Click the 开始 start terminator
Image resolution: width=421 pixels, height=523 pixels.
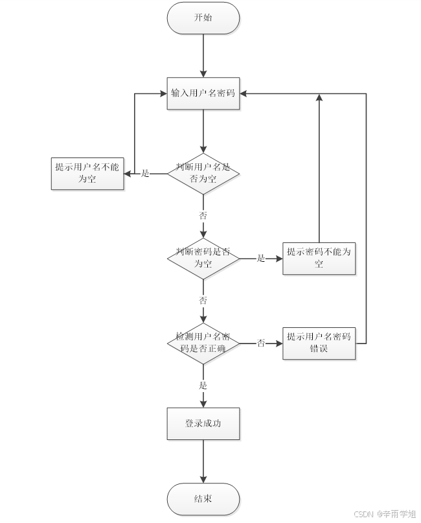click(203, 18)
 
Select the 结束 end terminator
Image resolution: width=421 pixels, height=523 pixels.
click(203, 499)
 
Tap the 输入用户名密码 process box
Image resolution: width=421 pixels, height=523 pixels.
click(203, 93)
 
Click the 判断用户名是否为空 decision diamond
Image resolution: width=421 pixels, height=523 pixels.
click(203, 173)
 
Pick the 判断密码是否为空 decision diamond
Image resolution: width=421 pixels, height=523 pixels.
click(203, 258)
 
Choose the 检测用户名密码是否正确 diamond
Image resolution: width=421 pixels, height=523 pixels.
click(203, 343)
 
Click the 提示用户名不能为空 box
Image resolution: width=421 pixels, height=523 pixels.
click(87, 173)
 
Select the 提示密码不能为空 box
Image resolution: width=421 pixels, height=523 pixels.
click(319, 258)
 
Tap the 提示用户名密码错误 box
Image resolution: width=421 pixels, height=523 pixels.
click(319, 343)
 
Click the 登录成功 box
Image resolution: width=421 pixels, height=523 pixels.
click(203, 424)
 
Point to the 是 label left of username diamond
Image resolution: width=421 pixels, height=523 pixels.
click(145, 173)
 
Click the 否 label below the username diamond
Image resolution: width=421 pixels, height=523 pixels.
click(203, 215)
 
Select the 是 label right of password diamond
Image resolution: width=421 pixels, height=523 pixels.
click(261, 258)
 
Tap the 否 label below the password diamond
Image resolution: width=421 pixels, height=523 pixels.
click(203, 301)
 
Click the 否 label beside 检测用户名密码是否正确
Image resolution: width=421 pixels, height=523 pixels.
click(261, 343)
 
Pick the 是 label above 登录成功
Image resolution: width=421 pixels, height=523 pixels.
click(203, 385)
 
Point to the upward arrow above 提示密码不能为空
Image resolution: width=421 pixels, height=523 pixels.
click(319, 169)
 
